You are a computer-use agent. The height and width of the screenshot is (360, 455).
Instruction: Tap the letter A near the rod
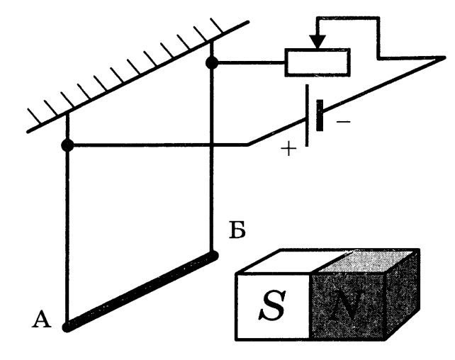pos(42,321)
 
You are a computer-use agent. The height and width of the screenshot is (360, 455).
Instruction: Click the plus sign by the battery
pos(286,150)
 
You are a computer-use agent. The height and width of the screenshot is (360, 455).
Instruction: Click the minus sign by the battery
pos(342,121)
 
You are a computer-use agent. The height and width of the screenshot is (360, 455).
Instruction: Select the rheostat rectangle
pos(317,62)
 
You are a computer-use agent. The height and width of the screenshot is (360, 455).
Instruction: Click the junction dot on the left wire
pos(67,145)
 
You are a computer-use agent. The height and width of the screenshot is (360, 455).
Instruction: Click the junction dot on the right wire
pos(211,63)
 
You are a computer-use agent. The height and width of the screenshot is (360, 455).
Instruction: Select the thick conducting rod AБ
pos(140,291)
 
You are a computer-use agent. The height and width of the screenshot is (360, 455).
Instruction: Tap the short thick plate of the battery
pos(320,116)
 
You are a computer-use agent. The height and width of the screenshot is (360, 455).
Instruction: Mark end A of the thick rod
pos(67,327)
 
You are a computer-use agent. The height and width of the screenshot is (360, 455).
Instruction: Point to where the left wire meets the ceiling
pos(67,114)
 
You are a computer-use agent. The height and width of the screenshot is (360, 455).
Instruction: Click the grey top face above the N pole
pos(376,261)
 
